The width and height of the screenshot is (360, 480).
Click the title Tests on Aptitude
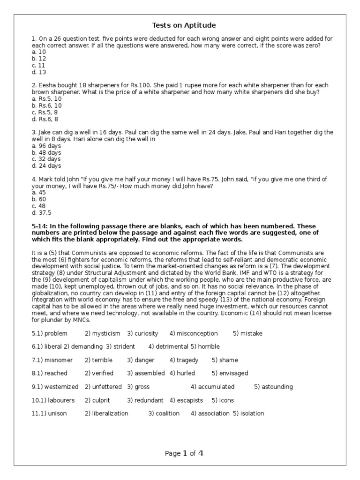tap(184, 25)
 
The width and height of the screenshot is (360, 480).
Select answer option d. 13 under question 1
tap(39, 72)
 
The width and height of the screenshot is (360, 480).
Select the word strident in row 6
tap(124, 346)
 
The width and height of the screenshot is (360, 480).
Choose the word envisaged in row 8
tap(233, 373)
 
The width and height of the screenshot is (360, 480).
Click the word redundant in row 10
tap(149, 400)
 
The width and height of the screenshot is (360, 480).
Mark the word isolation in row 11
tap(252, 413)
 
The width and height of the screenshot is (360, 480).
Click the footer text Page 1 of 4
tap(184, 453)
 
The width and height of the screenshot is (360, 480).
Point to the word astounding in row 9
tap(277, 387)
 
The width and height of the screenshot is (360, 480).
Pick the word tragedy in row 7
tap(187, 360)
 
